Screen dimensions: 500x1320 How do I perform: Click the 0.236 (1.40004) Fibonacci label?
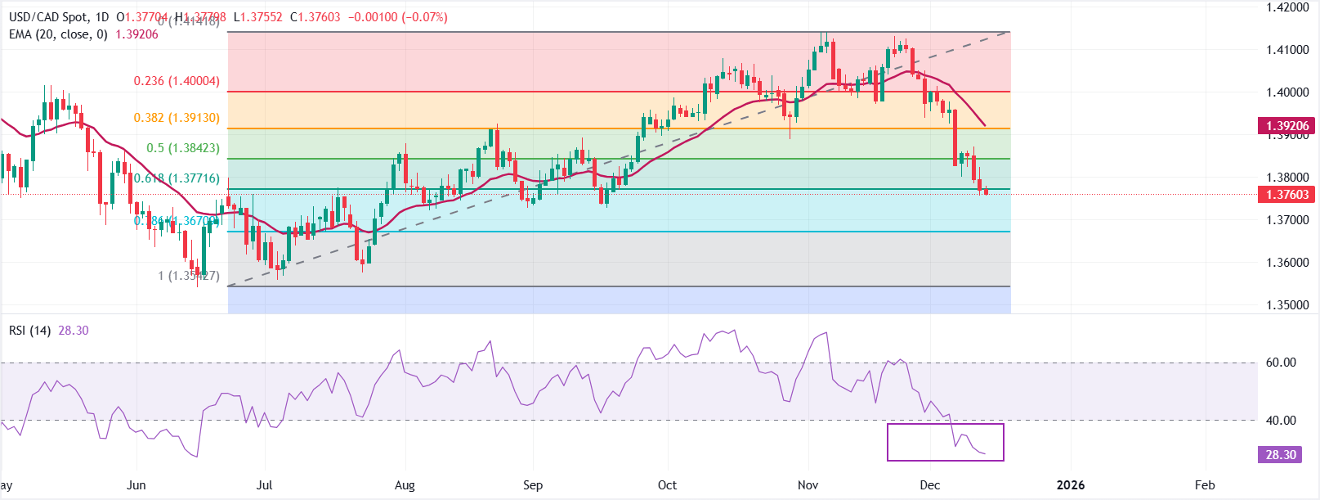(177, 81)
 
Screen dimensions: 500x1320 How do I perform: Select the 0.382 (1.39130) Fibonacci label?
(177, 118)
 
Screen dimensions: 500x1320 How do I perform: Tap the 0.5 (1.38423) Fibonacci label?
(183, 148)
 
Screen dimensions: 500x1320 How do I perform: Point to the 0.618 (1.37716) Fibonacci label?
(177, 178)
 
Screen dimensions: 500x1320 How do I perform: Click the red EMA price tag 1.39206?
(1287, 126)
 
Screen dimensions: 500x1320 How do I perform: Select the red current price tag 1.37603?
(1287, 195)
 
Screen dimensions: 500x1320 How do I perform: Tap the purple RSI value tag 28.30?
(1281, 455)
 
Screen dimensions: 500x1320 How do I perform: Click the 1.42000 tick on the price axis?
(1287, 7)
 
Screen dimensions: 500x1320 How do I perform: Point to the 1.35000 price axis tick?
(1287, 305)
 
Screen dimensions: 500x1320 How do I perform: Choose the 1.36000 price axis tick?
(1287, 263)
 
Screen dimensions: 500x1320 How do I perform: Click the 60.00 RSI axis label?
(1281, 363)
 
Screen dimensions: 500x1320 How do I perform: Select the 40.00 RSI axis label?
(1281, 421)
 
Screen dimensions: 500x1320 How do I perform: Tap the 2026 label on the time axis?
(1071, 485)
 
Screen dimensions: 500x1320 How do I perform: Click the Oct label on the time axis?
(667, 485)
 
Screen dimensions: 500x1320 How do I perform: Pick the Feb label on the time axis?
(1205, 485)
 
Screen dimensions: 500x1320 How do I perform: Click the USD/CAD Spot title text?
(48, 17)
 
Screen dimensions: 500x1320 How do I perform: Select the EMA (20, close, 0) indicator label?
(58, 34)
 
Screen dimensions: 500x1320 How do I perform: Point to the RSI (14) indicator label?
(29, 331)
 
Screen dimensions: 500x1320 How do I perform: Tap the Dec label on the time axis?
(929, 485)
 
